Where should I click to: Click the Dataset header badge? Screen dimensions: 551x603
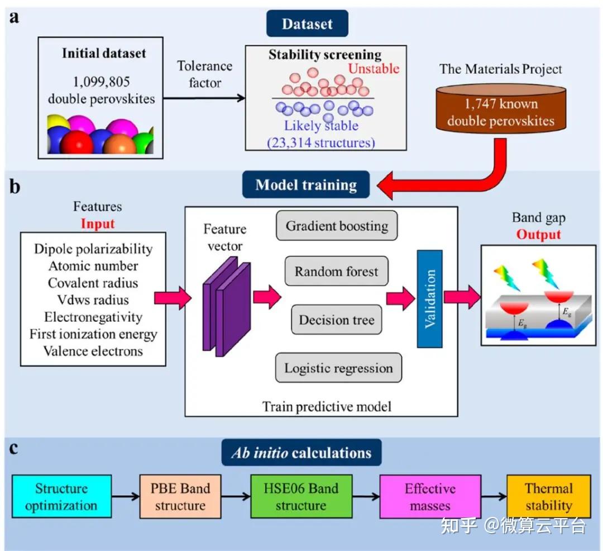click(x=307, y=24)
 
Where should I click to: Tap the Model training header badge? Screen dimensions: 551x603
click(x=306, y=185)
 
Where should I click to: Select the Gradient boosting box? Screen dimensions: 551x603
click(x=337, y=226)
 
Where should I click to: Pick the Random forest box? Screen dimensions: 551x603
click(x=336, y=272)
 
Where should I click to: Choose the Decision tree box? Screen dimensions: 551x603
click(x=337, y=320)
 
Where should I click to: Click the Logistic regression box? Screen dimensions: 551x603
click(x=338, y=368)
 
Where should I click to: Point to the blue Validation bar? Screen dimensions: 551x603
click(x=429, y=298)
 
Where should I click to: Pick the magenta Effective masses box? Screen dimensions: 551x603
click(x=430, y=497)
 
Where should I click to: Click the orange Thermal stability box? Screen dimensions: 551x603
click(x=548, y=497)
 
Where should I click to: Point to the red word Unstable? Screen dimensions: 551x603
click(x=374, y=69)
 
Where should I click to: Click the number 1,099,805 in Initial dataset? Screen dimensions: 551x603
click(x=100, y=80)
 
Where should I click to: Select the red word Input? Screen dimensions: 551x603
click(x=97, y=223)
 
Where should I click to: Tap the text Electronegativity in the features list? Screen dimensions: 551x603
click(x=93, y=317)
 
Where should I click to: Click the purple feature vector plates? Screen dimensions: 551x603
click(x=227, y=307)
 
